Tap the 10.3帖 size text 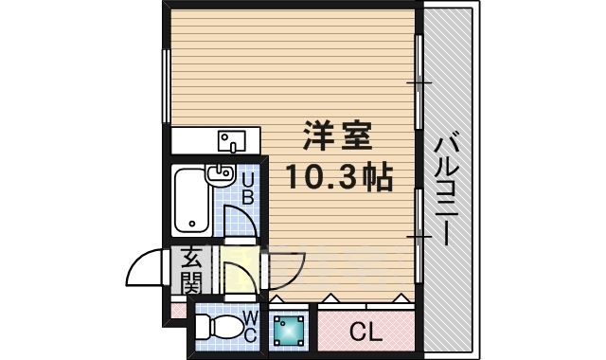pos(339,176)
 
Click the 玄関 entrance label pos(190,269)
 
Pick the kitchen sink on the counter pos(231,141)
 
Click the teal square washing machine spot pos(288,329)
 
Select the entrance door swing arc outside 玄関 pos(147,269)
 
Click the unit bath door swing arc pos(241,224)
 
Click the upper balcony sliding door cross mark pos(419,83)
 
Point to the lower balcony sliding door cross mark pos(419,232)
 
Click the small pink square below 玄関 pos(178,311)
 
